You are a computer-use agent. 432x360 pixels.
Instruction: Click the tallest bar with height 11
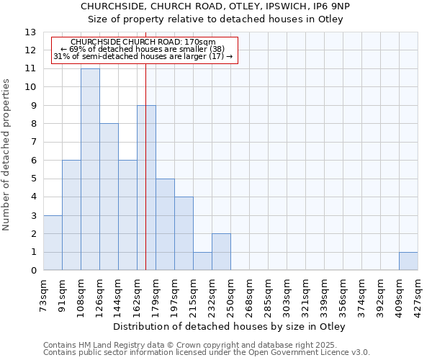pyautogui.click(x=90, y=169)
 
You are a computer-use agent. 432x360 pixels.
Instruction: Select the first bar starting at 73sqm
pyautogui.click(x=53, y=243)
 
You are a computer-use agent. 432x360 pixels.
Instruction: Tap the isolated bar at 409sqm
pyautogui.click(x=408, y=261)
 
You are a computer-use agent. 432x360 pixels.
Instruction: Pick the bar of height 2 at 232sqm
pyautogui.click(x=221, y=252)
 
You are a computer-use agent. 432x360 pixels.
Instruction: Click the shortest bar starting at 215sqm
pyautogui.click(x=202, y=261)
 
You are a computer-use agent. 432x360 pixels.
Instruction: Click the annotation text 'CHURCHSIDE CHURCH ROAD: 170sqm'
pyautogui.click(x=143, y=42)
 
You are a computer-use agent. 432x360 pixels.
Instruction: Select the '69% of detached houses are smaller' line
pyautogui.click(x=143, y=50)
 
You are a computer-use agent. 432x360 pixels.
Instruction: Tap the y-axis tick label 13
pyautogui.click(x=30, y=32)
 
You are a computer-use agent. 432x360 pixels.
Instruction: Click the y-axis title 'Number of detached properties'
pyautogui.click(x=7, y=155)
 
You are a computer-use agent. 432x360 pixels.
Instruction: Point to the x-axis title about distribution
pyautogui.click(x=230, y=327)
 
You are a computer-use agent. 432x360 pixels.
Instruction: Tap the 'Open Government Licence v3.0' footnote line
pyautogui.click(x=206, y=352)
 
